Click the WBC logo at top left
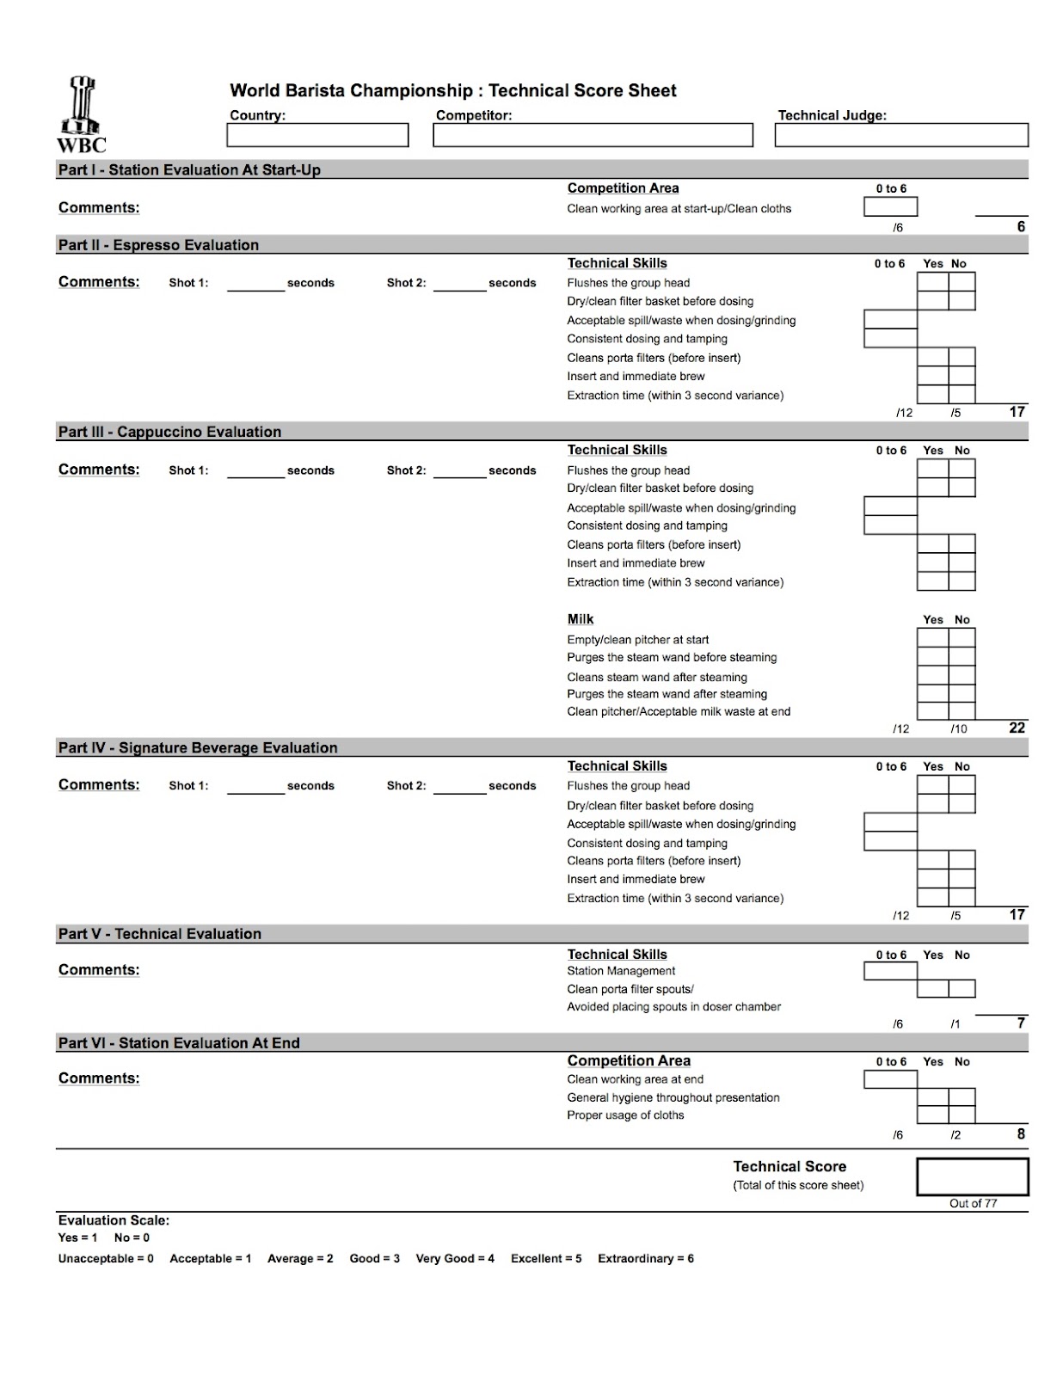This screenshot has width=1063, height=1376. tap(82, 114)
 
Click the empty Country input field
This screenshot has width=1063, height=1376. tap(317, 135)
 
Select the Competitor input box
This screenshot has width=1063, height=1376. tap(593, 135)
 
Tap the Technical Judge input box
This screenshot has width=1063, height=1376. tap(900, 135)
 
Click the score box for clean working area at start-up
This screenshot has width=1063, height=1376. tap(890, 207)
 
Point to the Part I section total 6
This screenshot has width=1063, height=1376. tap(1021, 227)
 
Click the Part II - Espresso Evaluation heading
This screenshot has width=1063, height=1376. tap(158, 245)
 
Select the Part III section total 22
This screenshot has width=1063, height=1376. tap(1017, 728)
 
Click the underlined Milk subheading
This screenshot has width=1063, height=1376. tap(581, 619)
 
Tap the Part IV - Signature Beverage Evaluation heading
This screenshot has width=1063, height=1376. tap(198, 748)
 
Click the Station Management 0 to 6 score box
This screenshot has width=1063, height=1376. tap(890, 971)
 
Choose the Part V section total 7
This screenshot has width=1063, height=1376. tap(1021, 1023)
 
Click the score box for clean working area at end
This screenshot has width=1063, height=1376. tap(890, 1079)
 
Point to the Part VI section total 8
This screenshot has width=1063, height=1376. tap(1021, 1134)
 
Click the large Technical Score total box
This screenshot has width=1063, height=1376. tap(972, 1176)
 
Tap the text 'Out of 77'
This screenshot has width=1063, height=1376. tap(973, 1204)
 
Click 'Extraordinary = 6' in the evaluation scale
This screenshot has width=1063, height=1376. tap(646, 1259)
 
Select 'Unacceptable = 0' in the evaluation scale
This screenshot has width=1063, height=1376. tap(106, 1259)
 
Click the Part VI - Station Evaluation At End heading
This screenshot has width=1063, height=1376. tap(179, 1043)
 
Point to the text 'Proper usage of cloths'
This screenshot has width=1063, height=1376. tap(625, 1115)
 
